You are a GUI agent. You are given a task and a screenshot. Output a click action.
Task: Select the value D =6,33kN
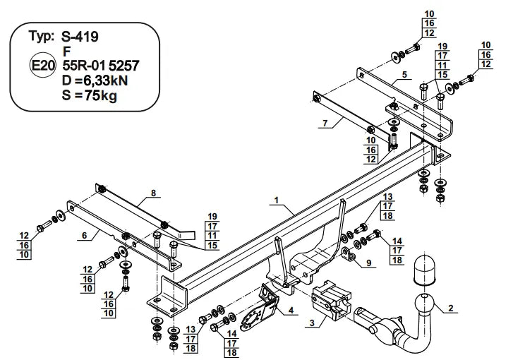(97, 81)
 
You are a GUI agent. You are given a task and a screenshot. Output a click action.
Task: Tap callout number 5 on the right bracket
(404, 74)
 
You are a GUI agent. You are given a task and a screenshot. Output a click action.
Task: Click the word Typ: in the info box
(42, 37)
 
